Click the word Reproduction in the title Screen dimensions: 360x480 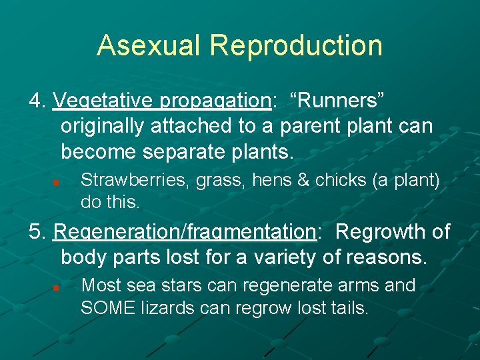pos(296,45)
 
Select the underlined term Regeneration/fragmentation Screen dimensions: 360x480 pos(184,233)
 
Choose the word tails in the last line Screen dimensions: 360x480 pos(349,307)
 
